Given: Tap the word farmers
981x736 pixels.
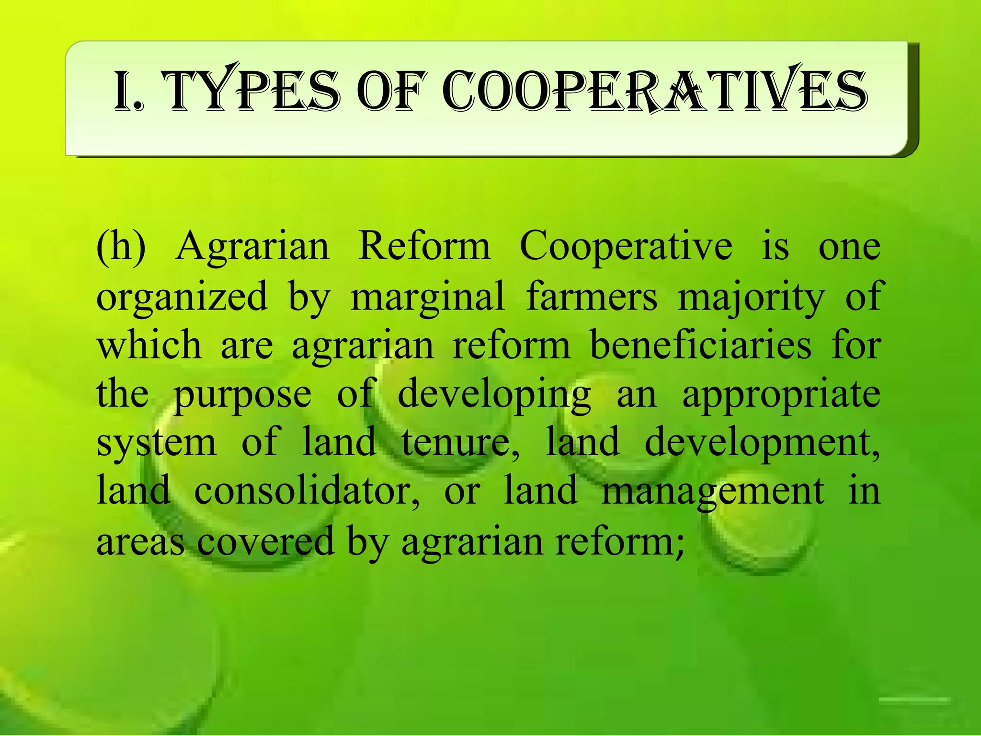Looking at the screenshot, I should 592,296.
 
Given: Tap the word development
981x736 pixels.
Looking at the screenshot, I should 762,444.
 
